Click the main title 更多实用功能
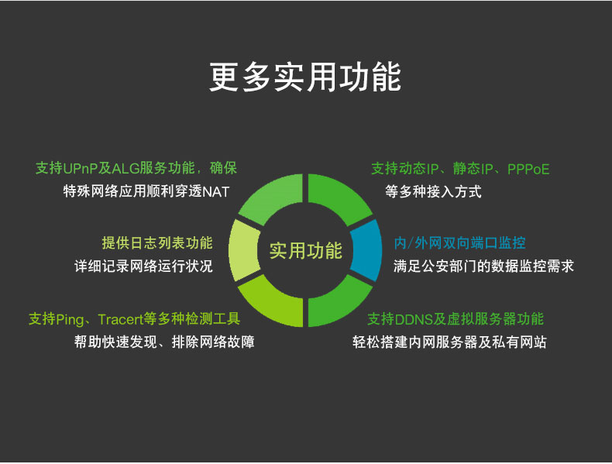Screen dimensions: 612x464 pos(304,77)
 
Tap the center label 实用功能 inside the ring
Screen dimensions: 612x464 pos(305,250)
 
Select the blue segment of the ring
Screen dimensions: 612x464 pos(366,250)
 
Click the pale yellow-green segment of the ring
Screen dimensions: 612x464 pos(243,250)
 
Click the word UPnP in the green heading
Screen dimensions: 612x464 pos(80,169)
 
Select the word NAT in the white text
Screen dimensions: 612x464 pos(216,192)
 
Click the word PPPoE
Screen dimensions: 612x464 pos(528,170)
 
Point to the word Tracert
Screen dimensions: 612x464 pos(121,320)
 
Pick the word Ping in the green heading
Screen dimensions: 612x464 pos(70,320)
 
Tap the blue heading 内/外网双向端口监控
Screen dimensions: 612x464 pos(460,243)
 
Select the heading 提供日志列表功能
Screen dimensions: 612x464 pos(157,243)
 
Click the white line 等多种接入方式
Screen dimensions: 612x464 pos(433,192)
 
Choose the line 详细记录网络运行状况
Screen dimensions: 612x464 pos(143,266)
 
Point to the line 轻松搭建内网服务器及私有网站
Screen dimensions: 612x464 pos(449,342)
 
